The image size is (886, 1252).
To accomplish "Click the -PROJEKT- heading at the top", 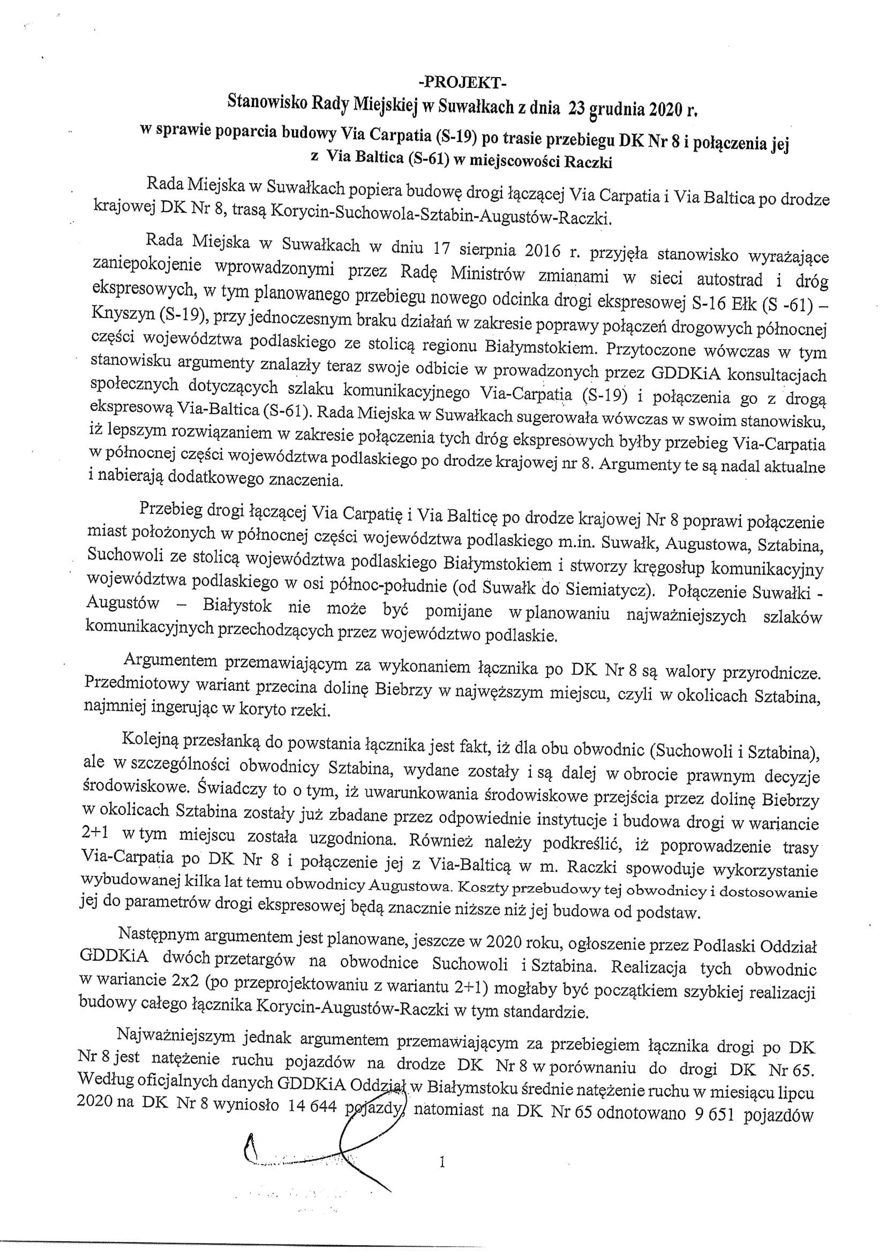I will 462,83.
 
